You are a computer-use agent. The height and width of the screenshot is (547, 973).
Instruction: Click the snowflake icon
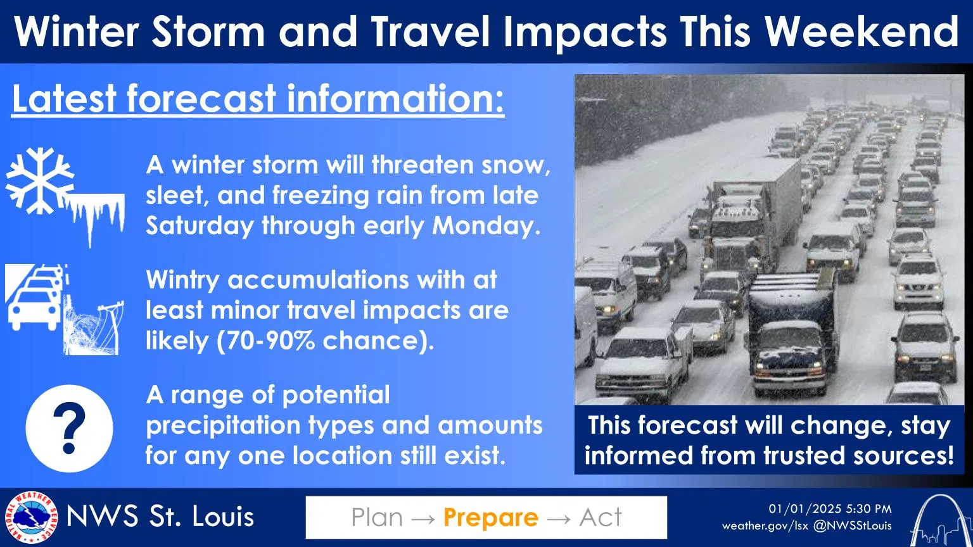pyautogui.click(x=39, y=180)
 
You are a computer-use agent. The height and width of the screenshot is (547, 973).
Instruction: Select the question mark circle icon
pyautogui.click(x=70, y=429)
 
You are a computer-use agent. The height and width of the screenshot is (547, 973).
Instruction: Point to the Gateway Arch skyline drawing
pyautogui.click(x=941, y=521)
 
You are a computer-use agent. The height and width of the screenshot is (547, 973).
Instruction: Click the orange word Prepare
pyautogui.click(x=491, y=517)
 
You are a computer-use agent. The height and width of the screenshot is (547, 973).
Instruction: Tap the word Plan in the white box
pyautogui.click(x=377, y=517)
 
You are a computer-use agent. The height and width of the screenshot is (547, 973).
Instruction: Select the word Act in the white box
pyautogui.click(x=601, y=517)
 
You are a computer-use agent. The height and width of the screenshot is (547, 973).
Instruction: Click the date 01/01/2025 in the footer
pyautogui.click(x=798, y=509)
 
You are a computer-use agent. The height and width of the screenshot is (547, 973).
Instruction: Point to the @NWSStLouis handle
pyautogui.click(x=852, y=525)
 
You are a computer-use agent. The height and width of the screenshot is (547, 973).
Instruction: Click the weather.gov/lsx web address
pyautogui.click(x=765, y=526)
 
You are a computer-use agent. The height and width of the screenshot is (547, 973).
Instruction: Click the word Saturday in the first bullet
pyautogui.click(x=200, y=226)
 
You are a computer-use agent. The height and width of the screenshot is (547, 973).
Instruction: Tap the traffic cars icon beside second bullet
pyautogui.click(x=35, y=297)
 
